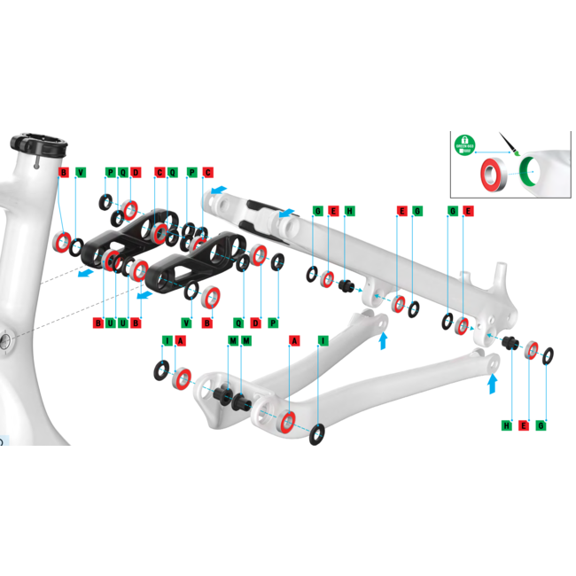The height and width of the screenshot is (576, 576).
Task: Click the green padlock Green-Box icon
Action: (463, 143)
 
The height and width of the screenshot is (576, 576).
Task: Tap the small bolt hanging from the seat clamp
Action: (37, 162)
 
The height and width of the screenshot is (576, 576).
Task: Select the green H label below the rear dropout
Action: (508, 426)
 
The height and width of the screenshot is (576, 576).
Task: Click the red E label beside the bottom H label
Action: (525, 426)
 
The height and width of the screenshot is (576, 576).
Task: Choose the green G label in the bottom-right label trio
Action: (541, 426)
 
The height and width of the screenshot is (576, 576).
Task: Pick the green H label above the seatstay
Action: (349, 211)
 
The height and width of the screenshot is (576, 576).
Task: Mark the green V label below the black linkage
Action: (187, 322)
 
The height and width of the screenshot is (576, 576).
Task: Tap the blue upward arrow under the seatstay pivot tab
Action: (383, 340)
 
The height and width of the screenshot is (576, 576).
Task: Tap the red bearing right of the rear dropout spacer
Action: (531, 350)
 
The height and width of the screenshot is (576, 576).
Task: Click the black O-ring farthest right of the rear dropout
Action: (548, 356)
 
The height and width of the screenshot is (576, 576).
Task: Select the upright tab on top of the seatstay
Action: (498, 270)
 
